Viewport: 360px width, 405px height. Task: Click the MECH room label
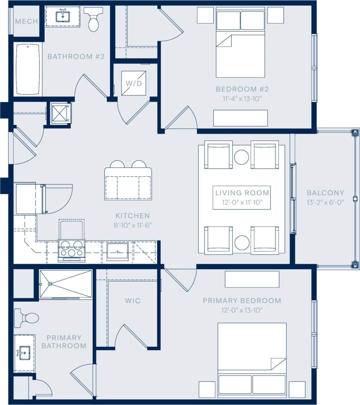pyautogui.click(x=26, y=21)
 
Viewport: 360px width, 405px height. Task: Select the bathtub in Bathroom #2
pyautogui.click(x=29, y=69)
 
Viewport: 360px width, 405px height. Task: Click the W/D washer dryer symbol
pyautogui.click(x=134, y=83)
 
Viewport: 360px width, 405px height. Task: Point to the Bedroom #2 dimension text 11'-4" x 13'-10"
pyautogui.click(x=242, y=99)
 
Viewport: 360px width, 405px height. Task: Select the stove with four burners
pyautogui.click(x=71, y=249)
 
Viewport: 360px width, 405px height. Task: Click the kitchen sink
pyautogui.click(x=117, y=252)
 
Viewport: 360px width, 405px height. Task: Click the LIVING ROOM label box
pyautogui.click(x=242, y=197)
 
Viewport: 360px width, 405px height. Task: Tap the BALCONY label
pyautogui.click(x=325, y=193)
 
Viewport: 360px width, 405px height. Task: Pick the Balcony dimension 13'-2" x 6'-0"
pyautogui.click(x=325, y=202)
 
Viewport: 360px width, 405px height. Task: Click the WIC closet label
pyautogui.click(x=132, y=301)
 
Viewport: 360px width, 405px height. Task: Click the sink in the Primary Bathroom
pyautogui.click(x=24, y=353)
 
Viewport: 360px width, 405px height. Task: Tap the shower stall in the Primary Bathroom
pyautogui.click(x=66, y=284)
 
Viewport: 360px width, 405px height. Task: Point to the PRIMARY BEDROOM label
pyautogui.click(x=242, y=301)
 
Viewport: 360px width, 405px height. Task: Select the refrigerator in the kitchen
pyautogui.click(x=28, y=199)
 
